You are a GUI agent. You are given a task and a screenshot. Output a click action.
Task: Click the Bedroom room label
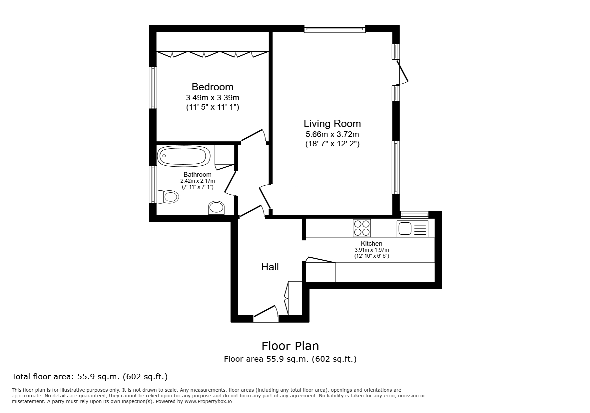pos(212,87)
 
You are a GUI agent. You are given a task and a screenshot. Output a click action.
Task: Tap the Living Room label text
pos(332,124)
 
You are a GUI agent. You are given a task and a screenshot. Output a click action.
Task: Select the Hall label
pos(270,267)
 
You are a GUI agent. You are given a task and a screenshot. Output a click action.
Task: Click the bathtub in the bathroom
pos(184,156)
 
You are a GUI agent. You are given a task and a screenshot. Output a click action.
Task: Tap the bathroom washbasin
pos(216,208)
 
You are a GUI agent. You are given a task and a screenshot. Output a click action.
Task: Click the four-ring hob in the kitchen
pos(362,228)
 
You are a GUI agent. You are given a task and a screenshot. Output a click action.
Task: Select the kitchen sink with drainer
pos(412,229)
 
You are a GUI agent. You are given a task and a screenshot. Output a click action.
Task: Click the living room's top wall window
pos(335,29)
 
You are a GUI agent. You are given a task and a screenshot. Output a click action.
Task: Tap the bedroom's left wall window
pos(153,87)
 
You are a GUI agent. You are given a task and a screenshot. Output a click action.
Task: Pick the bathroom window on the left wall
pos(153,184)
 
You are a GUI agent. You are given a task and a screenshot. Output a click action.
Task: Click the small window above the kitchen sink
pos(414,215)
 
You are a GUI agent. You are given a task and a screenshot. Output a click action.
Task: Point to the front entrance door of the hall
pos(266,315)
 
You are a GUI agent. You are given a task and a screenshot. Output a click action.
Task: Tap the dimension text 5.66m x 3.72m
pos(332,135)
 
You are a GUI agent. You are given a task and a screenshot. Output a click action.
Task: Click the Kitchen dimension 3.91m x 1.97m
pos(371,250)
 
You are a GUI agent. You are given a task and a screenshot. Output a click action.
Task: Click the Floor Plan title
pos(290,346)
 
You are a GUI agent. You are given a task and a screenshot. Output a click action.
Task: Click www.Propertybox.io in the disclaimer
pos(208,401)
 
